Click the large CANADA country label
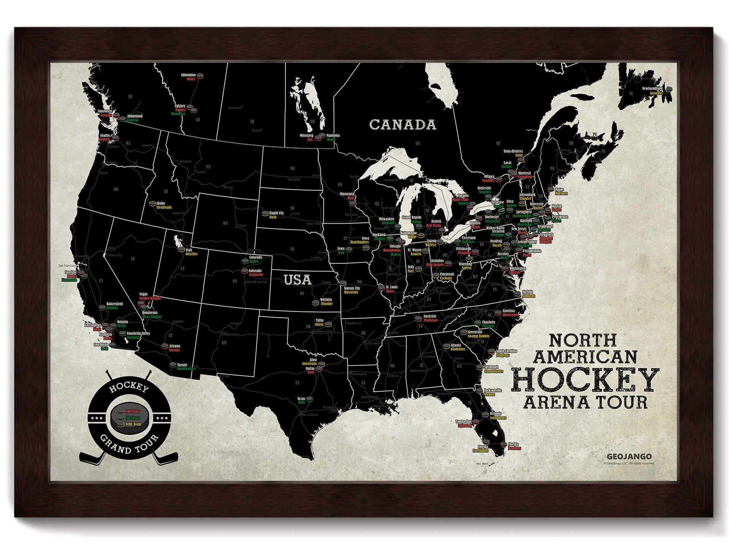[402, 125]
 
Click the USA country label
[298, 280]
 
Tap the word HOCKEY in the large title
[585, 379]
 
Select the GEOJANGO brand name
[629, 456]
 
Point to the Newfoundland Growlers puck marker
[669, 90]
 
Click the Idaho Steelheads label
[164, 206]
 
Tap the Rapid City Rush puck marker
[265, 213]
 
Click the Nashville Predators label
[430, 318]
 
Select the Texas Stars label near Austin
[301, 400]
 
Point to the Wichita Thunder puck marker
[315, 303]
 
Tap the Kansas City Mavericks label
[352, 290]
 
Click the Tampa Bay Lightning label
[464, 424]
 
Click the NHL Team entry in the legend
[133, 411]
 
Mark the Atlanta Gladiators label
[457, 347]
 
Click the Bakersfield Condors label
[114, 306]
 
